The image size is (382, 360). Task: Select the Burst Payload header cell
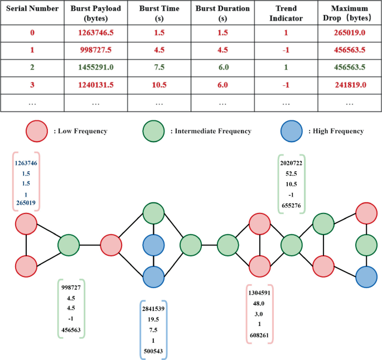95,14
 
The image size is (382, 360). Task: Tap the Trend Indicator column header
286,14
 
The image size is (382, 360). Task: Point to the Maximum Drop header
350,14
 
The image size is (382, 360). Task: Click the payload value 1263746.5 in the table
95,33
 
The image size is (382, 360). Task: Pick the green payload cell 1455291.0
95,68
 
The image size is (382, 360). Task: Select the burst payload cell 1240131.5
95,85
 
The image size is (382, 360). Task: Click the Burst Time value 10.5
159,85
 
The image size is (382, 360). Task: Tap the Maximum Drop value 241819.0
350,85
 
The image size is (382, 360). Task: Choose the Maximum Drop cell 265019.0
350,33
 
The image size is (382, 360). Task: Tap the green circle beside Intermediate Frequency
153,131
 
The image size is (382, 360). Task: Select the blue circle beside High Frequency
292,131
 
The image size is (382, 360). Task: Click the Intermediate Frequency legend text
211,132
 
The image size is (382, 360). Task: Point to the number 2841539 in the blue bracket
153,309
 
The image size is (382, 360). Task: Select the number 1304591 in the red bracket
260,293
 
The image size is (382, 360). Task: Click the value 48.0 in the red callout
260,304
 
